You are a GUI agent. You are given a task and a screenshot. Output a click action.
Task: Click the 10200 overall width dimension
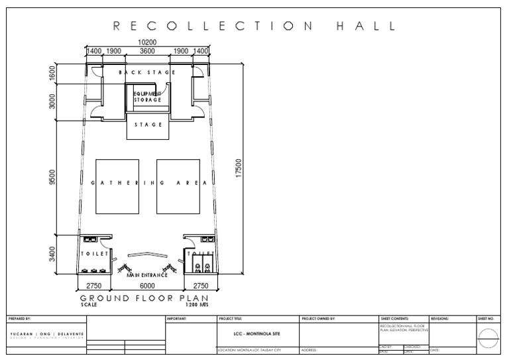point(147,42)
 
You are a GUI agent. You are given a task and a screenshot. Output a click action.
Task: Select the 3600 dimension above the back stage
point(147,51)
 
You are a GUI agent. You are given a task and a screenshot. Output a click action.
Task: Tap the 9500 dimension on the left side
point(52,178)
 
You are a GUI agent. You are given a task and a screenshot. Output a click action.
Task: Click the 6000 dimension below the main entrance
point(146,285)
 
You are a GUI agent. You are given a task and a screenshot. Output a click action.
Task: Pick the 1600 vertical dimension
point(52,73)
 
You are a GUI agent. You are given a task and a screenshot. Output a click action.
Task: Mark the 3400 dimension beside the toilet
point(52,254)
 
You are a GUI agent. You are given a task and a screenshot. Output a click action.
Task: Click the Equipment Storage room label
point(147,97)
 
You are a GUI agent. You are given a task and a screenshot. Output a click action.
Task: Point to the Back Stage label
point(146,72)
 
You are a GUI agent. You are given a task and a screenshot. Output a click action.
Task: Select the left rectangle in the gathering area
point(116,186)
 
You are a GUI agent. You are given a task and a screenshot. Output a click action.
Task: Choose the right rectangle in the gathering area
point(178,186)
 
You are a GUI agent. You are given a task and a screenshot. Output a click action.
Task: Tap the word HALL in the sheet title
point(365,27)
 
